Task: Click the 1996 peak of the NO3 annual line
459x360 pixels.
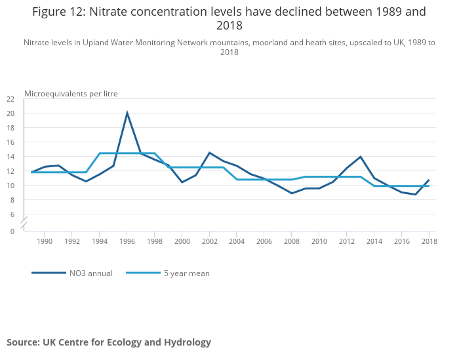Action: tap(127, 113)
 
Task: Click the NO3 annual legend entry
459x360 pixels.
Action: tap(72, 273)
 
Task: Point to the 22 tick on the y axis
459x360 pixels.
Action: tap(10, 99)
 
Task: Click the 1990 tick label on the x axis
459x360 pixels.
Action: tap(44, 241)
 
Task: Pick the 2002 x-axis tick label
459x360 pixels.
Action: tap(209, 241)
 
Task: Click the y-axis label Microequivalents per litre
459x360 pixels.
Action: tap(71, 93)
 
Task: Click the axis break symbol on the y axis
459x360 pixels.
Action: tap(24, 223)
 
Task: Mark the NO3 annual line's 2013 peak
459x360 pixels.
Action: tap(360, 157)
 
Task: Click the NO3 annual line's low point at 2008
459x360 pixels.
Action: tap(292, 193)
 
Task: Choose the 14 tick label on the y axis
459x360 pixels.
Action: tap(10, 157)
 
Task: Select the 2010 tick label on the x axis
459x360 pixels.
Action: tap(319, 241)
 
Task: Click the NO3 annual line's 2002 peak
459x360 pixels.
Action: tap(209, 153)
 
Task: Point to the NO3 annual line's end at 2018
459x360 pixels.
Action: tap(428, 180)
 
